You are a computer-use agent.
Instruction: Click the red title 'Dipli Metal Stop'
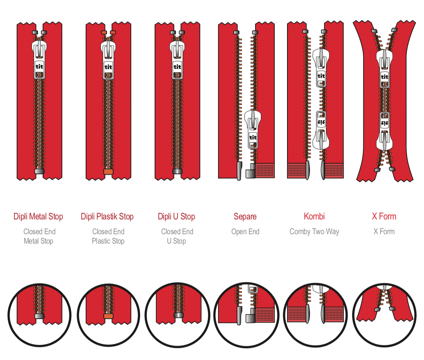coord(38,216)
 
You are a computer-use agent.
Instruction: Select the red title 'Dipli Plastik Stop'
coord(107,216)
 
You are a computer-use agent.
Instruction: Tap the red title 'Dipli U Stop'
coord(176,216)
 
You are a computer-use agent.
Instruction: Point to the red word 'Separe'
coord(245,216)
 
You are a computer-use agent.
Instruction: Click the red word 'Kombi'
coord(314,216)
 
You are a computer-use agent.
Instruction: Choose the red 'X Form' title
coord(384,216)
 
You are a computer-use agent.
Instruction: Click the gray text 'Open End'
coord(245,232)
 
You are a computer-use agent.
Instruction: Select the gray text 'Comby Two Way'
coord(314,232)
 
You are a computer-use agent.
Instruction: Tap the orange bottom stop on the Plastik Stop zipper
coord(108,171)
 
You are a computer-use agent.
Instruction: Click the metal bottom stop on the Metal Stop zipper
coord(39,171)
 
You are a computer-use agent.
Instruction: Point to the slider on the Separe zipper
coord(253,129)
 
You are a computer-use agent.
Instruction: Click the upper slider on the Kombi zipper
coord(321,68)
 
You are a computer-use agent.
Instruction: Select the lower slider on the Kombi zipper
coord(321,130)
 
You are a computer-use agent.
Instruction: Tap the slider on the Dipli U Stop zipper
coord(177,59)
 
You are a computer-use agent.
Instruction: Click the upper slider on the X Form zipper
coord(384,68)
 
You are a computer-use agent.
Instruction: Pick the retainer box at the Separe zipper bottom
coord(251,171)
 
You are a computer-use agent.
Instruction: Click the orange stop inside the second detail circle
coord(108,316)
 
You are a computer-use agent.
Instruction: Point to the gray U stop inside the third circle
coord(178,314)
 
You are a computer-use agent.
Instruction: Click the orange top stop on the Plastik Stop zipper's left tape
coord(104,32)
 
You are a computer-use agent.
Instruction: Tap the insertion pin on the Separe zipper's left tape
coord(239,171)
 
